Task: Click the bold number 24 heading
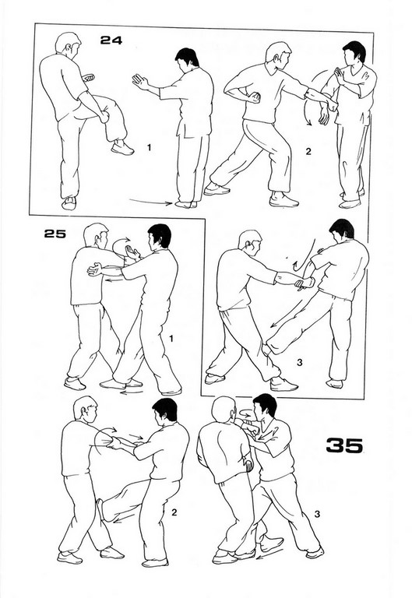[x=111, y=40]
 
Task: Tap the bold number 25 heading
[x=55, y=234]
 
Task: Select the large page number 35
[x=344, y=445]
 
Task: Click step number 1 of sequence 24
[x=150, y=147]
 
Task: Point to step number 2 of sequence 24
[x=308, y=151]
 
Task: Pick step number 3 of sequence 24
[x=300, y=362]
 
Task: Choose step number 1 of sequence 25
[x=171, y=338]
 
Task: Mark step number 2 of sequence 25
[x=174, y=512]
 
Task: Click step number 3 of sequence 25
[x=317, y=514]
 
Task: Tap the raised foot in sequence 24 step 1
[x=122, y=148]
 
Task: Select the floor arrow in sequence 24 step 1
[x=151, y=202]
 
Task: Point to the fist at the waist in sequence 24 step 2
[x=254, y=98]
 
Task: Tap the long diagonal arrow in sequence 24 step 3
[x=293, y=311]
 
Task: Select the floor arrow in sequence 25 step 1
[x=132, y=392]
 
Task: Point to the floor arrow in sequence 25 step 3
[x=269, y=554]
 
